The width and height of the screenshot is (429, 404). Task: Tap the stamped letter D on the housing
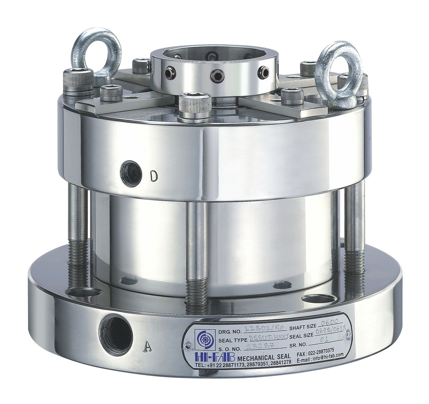coord(153,176)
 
